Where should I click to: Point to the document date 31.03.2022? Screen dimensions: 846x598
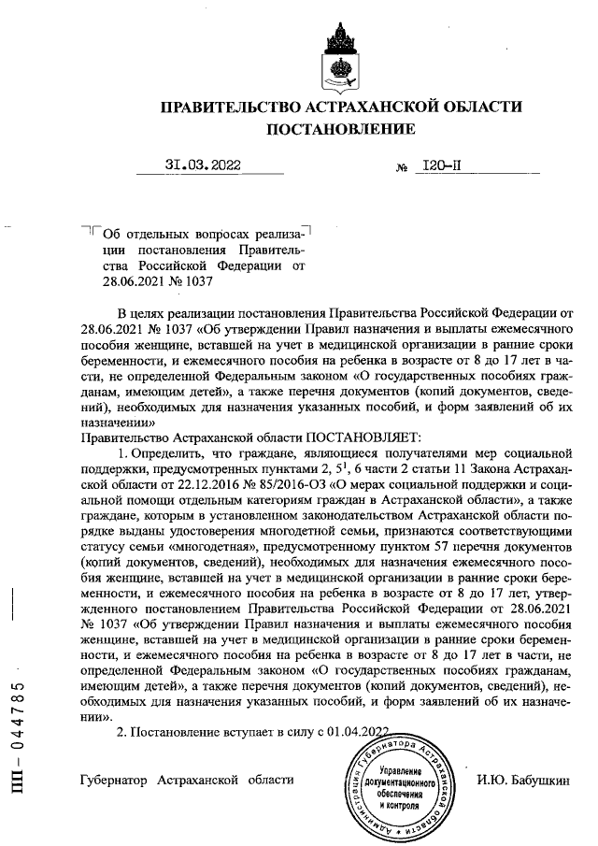202,165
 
